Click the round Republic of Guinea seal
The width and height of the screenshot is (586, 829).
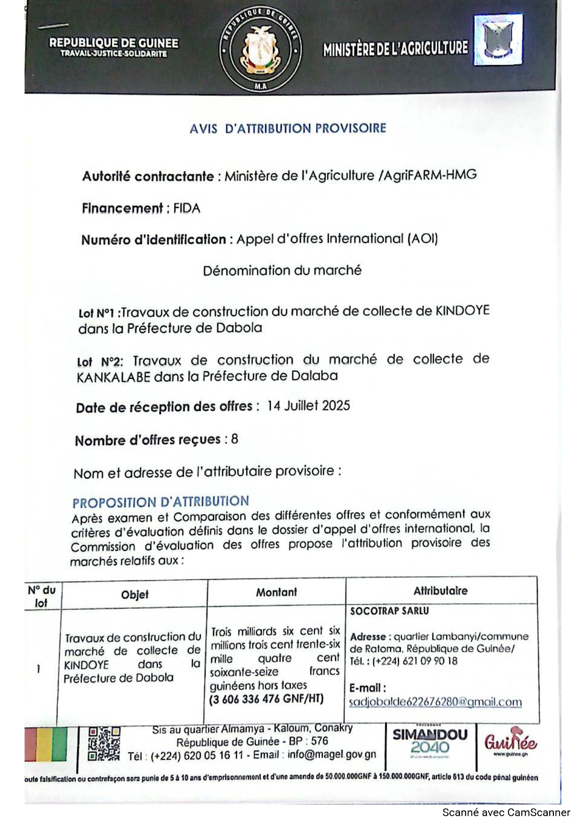(x=260, y=50)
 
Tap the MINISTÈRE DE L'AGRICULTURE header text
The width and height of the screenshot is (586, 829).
(x=396, y=49)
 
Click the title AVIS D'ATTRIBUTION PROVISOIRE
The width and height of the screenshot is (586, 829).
(x=288, y=128)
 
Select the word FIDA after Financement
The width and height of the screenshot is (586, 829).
(x=187, y=208)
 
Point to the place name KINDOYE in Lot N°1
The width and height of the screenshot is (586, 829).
(x=462, y=311)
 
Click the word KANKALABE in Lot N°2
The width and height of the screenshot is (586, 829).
(x=113, y=377)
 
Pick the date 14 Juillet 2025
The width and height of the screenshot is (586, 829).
(x=308, y=406)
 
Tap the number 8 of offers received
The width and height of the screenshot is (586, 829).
(x=234, y=439)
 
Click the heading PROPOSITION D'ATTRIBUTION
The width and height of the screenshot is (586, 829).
(x=161, y=502)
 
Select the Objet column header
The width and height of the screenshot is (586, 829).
(x=135, y=594)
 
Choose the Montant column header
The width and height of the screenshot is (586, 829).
(x=276, y=592)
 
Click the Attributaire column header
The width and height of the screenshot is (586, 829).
(x=440, y=590)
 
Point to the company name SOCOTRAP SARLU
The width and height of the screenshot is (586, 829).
(x=389, y=611)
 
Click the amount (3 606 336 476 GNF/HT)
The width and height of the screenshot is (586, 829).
(x=267, y=699)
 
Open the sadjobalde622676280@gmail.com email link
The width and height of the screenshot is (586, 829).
(x=435, y=702)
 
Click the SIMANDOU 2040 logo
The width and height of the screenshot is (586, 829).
(x=430, y=741)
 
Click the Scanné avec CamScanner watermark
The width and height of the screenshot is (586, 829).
(x=506, y=812)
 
